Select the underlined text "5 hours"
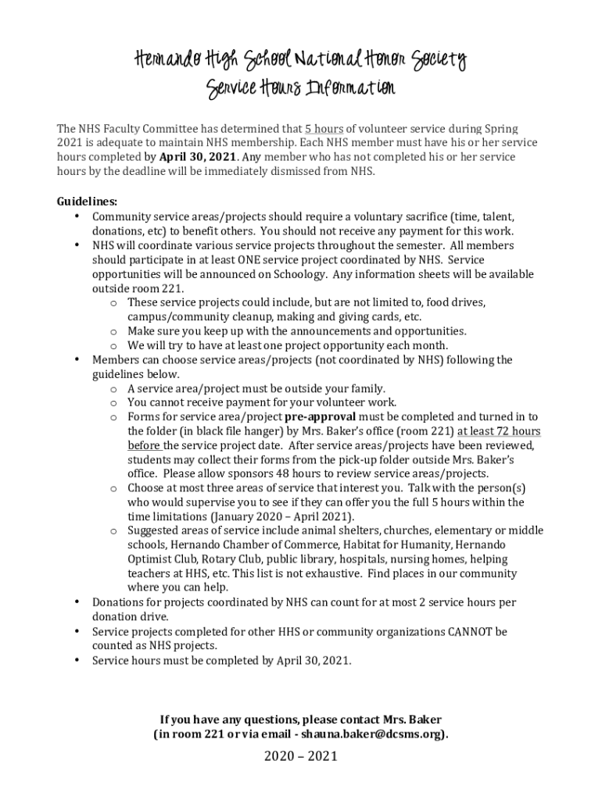[324, 128]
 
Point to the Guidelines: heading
[87, 202]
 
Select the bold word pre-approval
[326, 417]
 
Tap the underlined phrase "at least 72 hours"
[499, 431]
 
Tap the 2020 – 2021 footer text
[300, 756]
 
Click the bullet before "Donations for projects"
[76, 602]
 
